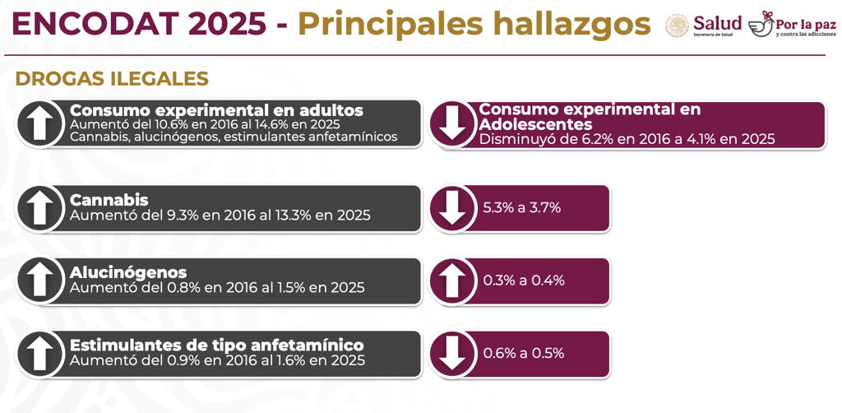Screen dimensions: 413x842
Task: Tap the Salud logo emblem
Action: coord(677,26)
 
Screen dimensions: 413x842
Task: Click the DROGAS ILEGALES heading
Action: coord(112,79)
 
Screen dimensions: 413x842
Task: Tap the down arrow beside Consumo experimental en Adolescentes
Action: coord(452,123)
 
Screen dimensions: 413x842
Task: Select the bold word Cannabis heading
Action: coord(109,200)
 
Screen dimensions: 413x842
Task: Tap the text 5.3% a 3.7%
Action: coord(521,208)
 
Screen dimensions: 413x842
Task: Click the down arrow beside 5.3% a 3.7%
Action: coord(452,208)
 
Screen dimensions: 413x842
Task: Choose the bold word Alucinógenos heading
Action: coord(128,272)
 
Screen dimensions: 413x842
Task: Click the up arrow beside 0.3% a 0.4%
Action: coord(452,281)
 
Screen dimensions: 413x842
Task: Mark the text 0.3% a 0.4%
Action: coord(523,281)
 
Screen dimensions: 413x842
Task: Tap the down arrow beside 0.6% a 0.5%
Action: coord(452,354)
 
